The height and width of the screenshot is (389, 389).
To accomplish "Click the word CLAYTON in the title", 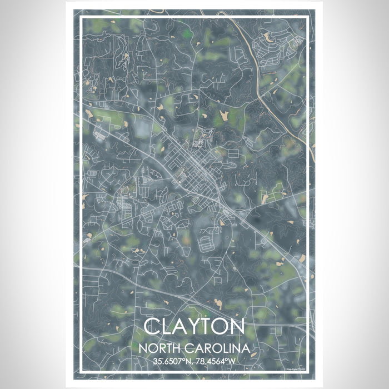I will (x=194, y=328).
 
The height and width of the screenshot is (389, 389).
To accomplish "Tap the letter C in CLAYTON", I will (x=153, y=328).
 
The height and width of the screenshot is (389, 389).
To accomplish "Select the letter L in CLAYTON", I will (x=167, y=328).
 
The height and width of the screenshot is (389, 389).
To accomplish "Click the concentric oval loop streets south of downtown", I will (x=205, y=242).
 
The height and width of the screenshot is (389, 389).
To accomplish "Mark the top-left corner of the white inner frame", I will (x=81, y=17).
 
